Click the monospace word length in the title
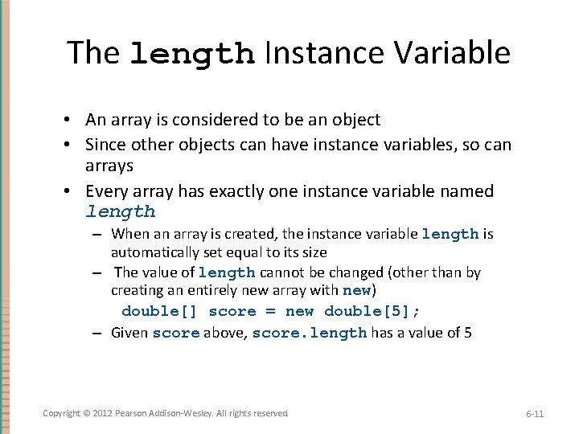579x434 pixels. click(192, 54)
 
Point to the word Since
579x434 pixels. click(105, 145)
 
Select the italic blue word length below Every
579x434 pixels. click(121, 212)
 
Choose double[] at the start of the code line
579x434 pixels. click(159, 311)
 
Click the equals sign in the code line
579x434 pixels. click(269, 311)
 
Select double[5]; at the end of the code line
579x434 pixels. click(372, 311)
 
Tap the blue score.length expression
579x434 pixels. click(309, 332)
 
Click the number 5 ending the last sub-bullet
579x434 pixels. click(468, 332)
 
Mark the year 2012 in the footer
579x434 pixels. click(103, 413)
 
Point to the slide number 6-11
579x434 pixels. click(535, 414)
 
